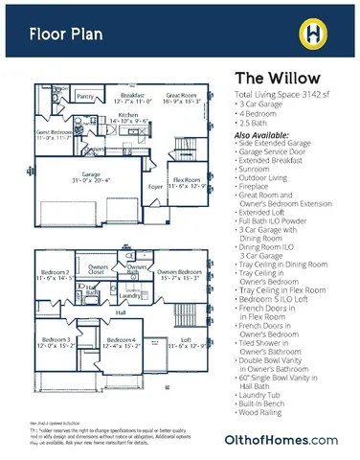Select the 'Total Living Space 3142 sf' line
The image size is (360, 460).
click(x=284, y=96)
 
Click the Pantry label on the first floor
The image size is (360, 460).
click(x=86, y=96)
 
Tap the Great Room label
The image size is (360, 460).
click(x=181, y=95)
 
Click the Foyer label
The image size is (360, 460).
click(x=154, y=187)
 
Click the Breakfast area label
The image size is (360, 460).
click(x=133, y=95)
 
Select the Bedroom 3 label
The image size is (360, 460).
click(x=56, y=340)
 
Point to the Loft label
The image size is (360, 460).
click(x=187, y=340)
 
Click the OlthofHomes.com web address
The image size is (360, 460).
click(x=294, y=439)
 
